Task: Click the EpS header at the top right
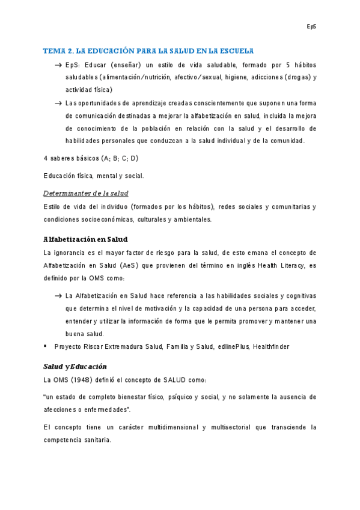pos(311,26)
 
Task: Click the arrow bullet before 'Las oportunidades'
pos(58,103)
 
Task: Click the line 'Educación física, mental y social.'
pos(94,176)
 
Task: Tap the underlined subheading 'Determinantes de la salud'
pos(86,193)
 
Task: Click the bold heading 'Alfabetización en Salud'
pos(85,239)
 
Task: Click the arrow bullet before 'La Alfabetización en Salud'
pos(58,296)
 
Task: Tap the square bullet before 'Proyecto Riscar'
pos(46,346)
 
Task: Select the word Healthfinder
pos(271,347)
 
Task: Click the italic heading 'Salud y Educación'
pos(75,366)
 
